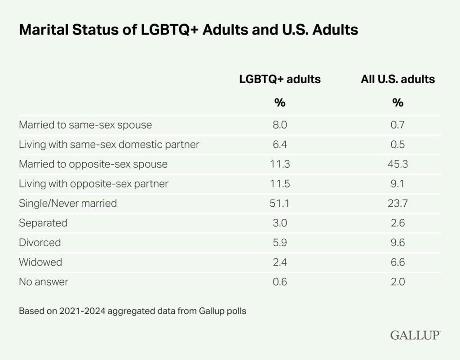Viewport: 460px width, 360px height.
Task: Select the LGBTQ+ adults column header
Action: click(x=280, y=79)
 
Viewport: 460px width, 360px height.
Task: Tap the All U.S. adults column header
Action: click(x=398, y=79)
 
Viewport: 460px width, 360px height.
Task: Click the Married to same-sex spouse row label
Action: click(x=85, y=125)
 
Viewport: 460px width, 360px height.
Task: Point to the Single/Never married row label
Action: click(x=68, y=203)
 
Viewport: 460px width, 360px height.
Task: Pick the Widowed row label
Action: click(x=40, y=262)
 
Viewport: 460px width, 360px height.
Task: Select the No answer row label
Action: click(x=44, y=282)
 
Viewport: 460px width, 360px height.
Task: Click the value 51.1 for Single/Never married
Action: click(x=279, y=203)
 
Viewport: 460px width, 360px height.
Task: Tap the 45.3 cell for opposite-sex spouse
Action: click(x=398, y=164)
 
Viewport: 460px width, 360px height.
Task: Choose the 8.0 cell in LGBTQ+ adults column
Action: click(x=280, y=125)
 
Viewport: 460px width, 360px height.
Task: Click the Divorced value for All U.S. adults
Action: click(x=398, y=243)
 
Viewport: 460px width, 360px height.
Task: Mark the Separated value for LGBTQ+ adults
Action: click(x=280, y=223)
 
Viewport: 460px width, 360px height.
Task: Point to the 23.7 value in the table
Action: click(x=398, y=203)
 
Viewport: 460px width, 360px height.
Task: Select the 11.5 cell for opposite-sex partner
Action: click(x=280, y=184)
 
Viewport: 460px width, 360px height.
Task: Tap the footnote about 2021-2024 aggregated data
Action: click(x=133, y=311)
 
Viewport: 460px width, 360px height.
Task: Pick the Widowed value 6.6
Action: click(x=398, y=262)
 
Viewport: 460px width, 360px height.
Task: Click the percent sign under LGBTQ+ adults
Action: click(x=280, y=102)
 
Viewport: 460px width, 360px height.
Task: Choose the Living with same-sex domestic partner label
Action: click(x=109, y=145)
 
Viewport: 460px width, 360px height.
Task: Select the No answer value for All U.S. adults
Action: click(x=398, y=282)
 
